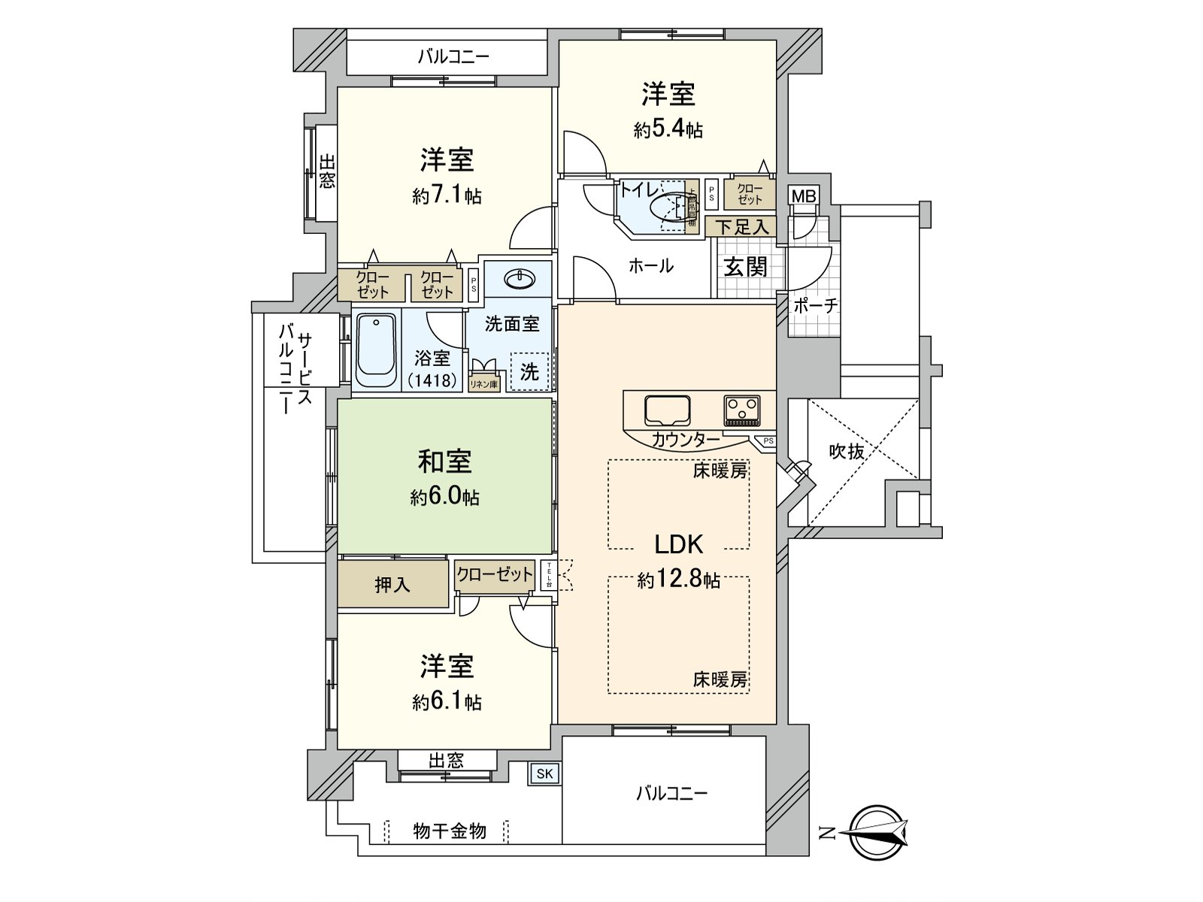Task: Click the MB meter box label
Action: pyautogui.click(x=803, y=196)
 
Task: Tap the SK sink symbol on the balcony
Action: pyautogui.click(x=544, y=773)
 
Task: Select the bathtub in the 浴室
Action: pyautogui.click(x=375, y=350)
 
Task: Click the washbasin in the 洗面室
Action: pyautogui.click(x=520, y=280)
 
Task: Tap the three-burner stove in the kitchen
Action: pyautogui.click(x=742, y=410)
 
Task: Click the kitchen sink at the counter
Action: pyautogui.click(x=668, y=410)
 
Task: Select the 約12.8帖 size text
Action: pyautogui.click(x=678, y=580)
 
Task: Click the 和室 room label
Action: pyautogui.click(x=444, y=462)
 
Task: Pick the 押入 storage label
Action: pyautogui.click(x=392, y=585)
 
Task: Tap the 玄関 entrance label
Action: pyautogui.click(x=745, y=267)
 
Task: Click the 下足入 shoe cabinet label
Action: pyautogui.click(x=741, y=226)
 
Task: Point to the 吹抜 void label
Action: pyautogui.click(x=846, y=451)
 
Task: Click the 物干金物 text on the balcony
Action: pyautogui.click(x=450, y=831)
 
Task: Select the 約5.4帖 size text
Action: pyautogui.click(x=668, y=130)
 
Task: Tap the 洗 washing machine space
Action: pyautogui.click(x=530, y=371)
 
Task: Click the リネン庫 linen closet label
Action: pyautogui.click(x=483, y=384)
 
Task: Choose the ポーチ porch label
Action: pyautogui.click(x=816, y=306)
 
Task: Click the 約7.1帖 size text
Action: pyautogui.click(x=447, y=196)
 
